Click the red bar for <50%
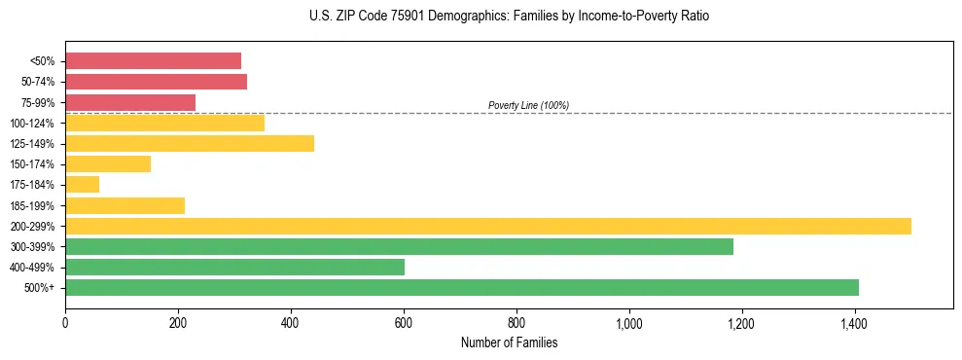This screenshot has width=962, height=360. (153, 61)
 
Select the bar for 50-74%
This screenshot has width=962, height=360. (156, 82)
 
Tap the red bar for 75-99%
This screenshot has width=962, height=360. (130, 102)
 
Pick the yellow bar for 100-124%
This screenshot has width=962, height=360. (164, 123)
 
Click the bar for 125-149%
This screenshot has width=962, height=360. (190, 144)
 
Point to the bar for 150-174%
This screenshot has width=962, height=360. (108, 164)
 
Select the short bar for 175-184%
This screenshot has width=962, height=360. (82, 185)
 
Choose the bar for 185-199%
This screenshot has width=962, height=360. (125, 205)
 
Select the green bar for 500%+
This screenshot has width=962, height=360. (462, 287)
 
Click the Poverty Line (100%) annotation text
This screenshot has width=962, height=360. (528, 105)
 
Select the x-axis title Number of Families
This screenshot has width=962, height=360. (509, 342)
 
